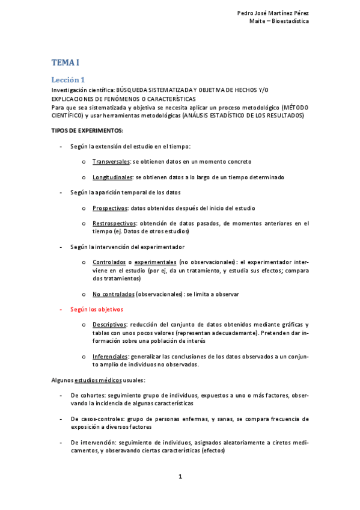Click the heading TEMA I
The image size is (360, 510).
(65, 63)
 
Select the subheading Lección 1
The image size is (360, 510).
(68, 79)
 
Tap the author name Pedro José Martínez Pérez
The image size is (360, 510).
(273, 13)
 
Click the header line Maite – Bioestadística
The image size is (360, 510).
(279, 21)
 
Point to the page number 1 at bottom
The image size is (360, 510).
(180, 476)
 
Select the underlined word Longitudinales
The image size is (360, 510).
(112, 177)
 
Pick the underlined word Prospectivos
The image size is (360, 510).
(110, 208)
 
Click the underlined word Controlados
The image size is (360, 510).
(109, 263)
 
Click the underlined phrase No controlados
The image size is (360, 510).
(113, 294)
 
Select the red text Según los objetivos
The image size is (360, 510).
(97, 309)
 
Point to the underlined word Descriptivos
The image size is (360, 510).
(109, 325)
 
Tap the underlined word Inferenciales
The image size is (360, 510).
(110, 357)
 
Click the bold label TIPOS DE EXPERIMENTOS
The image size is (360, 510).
(87, 131)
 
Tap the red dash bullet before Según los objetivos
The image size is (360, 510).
(61, 309)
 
